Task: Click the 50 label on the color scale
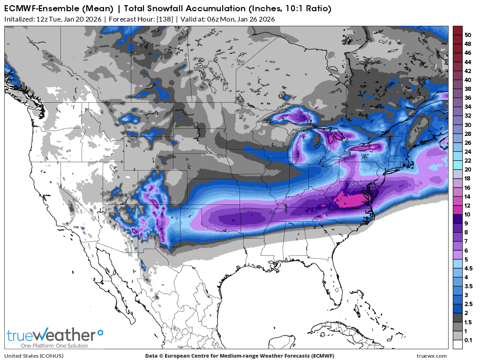[468, 35]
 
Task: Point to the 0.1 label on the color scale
[468, 340]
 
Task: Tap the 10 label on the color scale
[468, 214]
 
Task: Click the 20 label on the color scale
[468, 169]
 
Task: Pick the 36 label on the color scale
[468, 97]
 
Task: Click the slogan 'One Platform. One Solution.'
[48, 345]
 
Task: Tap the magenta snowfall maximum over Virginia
[350, 201]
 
